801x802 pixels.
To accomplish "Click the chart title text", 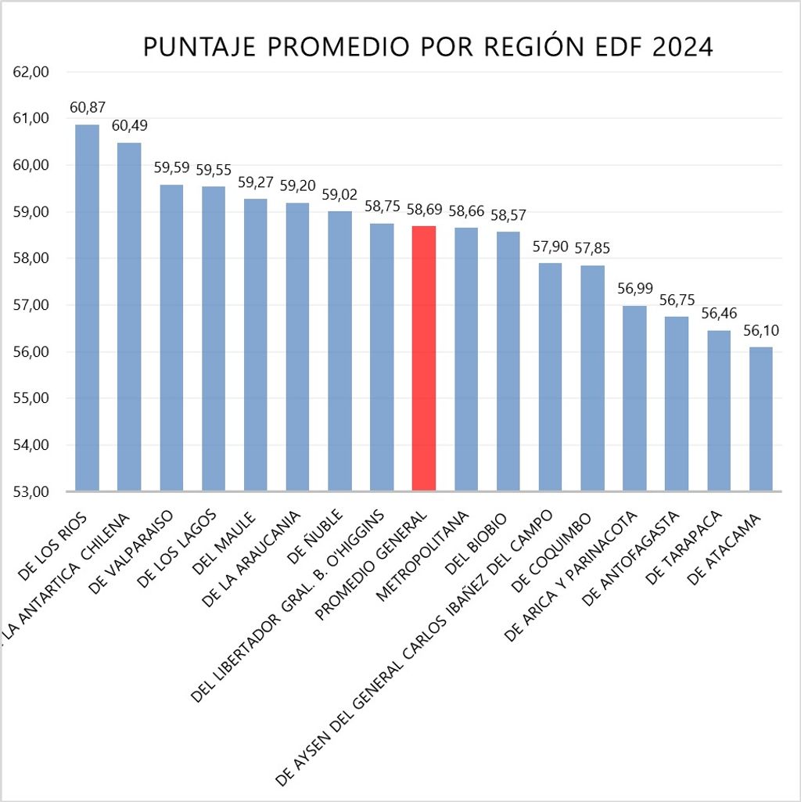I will (x=428, y=48).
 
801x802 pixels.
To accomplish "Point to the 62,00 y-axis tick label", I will (x=32, y=72).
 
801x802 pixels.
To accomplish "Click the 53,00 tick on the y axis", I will (x=32, y=492).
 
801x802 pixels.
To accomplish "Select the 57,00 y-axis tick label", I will (x=32, y=305).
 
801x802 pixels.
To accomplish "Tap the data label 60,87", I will (x=87, y=108).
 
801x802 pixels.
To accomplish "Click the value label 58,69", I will (x=423, y=210).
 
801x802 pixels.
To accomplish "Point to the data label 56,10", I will (x=761, y=331).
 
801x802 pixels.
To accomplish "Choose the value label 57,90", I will (x=550, y=247).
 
